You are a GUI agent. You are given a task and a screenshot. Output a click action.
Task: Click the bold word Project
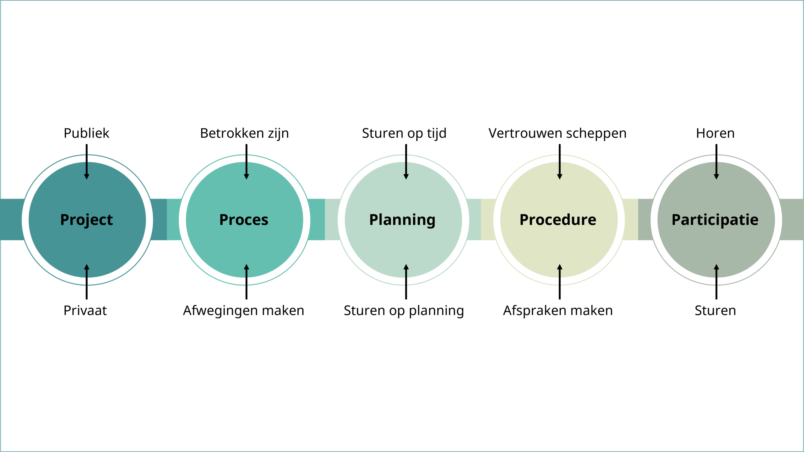pos(86,220)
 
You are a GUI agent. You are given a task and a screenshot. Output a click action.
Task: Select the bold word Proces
pos(244,220)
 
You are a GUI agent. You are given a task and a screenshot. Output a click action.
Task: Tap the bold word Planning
pos(402,220)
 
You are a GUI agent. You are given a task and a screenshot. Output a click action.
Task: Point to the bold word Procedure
pos(558,220)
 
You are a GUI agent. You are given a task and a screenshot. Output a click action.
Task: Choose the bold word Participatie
pos(715,220)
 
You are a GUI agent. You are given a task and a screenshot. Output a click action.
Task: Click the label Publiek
pos(86,133)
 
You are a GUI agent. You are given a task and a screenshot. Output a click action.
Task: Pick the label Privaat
pos(85,310)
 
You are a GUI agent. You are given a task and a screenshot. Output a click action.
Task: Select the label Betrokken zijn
pos(244,133)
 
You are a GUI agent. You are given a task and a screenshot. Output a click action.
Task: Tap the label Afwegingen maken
pos(244,310)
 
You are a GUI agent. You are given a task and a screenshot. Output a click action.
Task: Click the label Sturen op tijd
pos(404,133)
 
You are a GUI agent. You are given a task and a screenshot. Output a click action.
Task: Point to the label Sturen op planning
pos(404,310)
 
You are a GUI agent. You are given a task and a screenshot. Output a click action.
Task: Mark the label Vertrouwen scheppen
pos(557,133)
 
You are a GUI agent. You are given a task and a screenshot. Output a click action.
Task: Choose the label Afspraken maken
pos(558,310)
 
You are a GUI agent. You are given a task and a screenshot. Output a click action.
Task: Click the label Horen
pos(715,133)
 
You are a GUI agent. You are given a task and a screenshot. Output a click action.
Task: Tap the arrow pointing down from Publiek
pos(87,162)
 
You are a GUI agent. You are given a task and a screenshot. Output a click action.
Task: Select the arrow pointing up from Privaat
pos(87,281)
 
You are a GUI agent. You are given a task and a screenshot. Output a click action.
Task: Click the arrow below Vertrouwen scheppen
pos(560,162)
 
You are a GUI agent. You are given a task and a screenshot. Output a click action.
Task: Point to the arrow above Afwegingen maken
pos(247,281)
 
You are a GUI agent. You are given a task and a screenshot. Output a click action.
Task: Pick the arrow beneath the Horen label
pos(716,162)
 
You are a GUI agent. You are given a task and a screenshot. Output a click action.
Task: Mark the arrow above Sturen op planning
pos(406,281)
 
